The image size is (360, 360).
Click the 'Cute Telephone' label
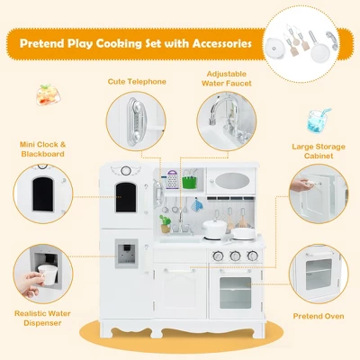pos(138,81)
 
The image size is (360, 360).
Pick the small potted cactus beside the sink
pos(165,221)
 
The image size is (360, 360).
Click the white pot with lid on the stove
pos(214,229)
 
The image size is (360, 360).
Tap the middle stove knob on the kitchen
pos(235,256)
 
